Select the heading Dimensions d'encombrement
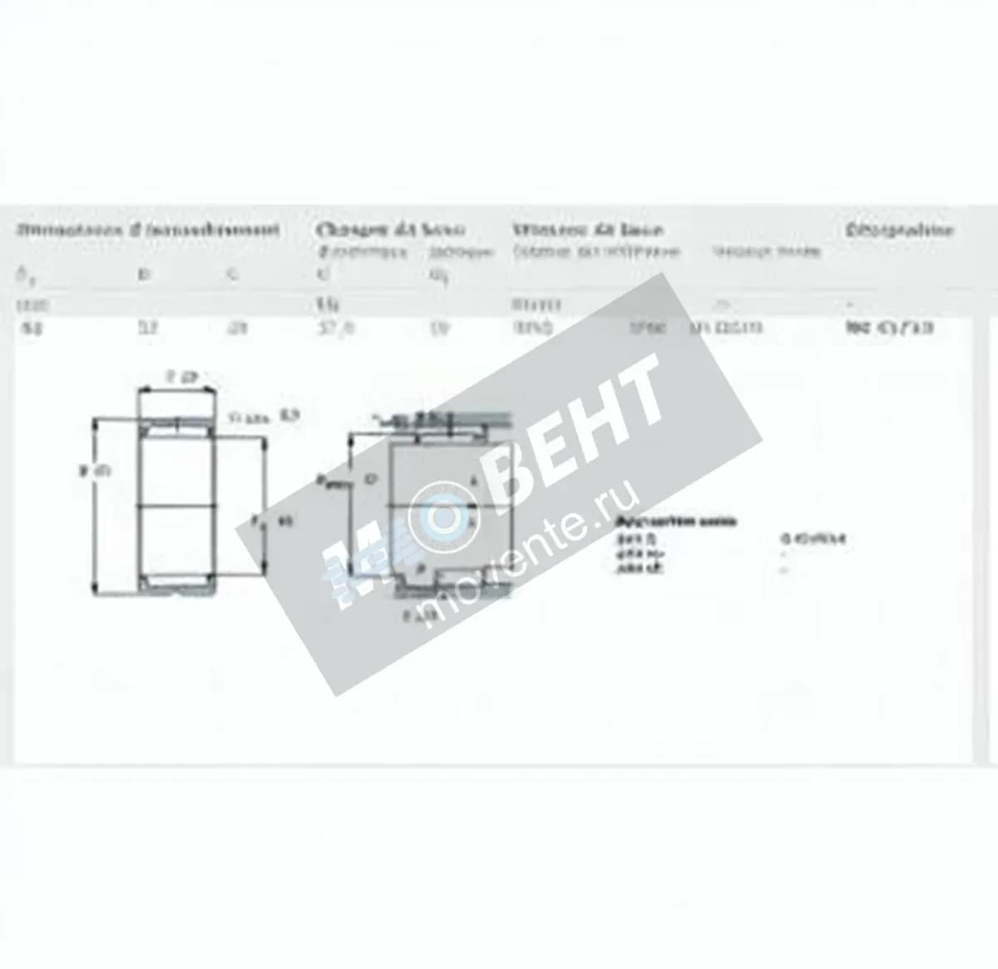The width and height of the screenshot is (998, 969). [149, 230]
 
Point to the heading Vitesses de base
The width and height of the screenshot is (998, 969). [587, 230]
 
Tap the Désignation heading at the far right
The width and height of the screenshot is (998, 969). [899, 230]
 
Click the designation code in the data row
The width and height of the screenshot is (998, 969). [889, 328]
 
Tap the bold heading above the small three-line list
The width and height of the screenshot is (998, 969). [675, 522]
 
